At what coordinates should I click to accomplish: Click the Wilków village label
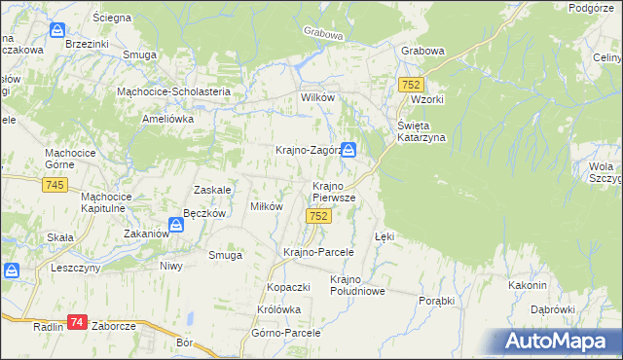(317, 99)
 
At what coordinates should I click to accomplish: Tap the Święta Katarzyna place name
(421, 131)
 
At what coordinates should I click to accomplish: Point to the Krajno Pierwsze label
(334, 191)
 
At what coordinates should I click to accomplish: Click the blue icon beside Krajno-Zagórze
(348, 151)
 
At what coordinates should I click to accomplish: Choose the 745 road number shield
(55, 186)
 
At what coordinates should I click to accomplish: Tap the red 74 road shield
(78, 322)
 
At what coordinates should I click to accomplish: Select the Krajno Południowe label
(358, 284)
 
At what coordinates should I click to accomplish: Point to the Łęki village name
(385, 236)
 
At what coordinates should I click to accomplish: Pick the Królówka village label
(279, 309)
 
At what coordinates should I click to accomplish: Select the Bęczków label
(204, 213)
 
